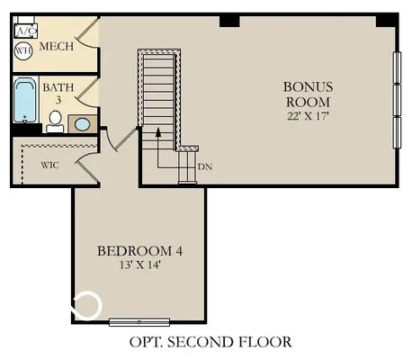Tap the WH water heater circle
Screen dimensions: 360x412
click(23, 50)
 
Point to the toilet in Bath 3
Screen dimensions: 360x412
click(55, 120)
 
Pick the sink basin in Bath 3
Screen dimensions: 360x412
click(82, 124)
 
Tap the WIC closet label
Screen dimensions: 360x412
click(49, 166)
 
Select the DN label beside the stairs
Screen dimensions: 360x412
click(204, 166)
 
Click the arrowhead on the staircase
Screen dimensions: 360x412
click(158, 132)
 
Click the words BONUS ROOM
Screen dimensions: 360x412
click(309, 94)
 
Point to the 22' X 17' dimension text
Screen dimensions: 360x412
click(309, 117)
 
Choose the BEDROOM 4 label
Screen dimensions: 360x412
click(139, 250)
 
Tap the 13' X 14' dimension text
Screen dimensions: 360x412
click(139, 266)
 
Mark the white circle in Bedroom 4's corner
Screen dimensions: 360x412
click(87, 306)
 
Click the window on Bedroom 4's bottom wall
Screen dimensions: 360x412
click(139, 321)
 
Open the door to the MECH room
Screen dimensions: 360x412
click(86, 40)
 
